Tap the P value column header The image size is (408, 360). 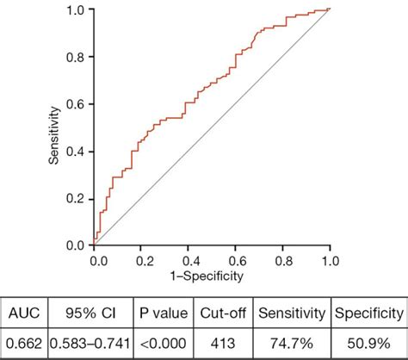pos(163,313)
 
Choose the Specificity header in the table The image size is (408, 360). pos(368,313)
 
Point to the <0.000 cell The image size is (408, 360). pos(163,343)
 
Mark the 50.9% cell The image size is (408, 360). pos(368,343)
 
